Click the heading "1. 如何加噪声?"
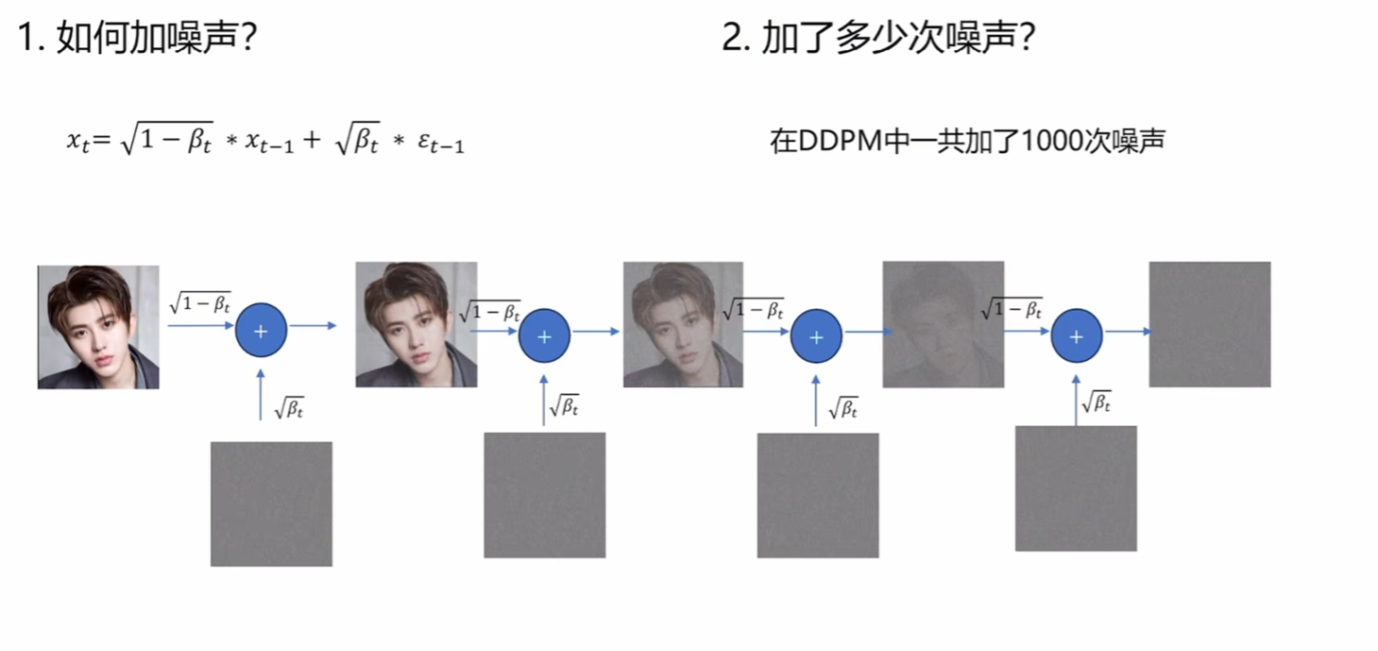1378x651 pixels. point(137,39)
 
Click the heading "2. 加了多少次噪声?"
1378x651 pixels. point(878,39)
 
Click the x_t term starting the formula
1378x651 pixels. point(78,141)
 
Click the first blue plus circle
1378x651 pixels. point(261,331)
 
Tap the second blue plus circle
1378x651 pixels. point(544,336)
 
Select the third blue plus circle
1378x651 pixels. point(816,336)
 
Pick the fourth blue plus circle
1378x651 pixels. point(1077,336)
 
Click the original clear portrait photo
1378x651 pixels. point(98,327)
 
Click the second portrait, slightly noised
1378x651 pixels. point(416,324)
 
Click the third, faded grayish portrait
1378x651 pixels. point(683,324)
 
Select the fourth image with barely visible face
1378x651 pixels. point(943,324)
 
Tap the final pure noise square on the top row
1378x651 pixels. point(1209,324)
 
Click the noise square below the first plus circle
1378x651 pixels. point(271,504)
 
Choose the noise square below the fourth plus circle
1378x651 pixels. point(1076,488)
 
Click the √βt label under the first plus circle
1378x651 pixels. point(288,409)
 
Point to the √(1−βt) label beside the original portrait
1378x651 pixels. point(199,302)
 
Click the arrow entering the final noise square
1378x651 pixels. point(1128,332)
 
